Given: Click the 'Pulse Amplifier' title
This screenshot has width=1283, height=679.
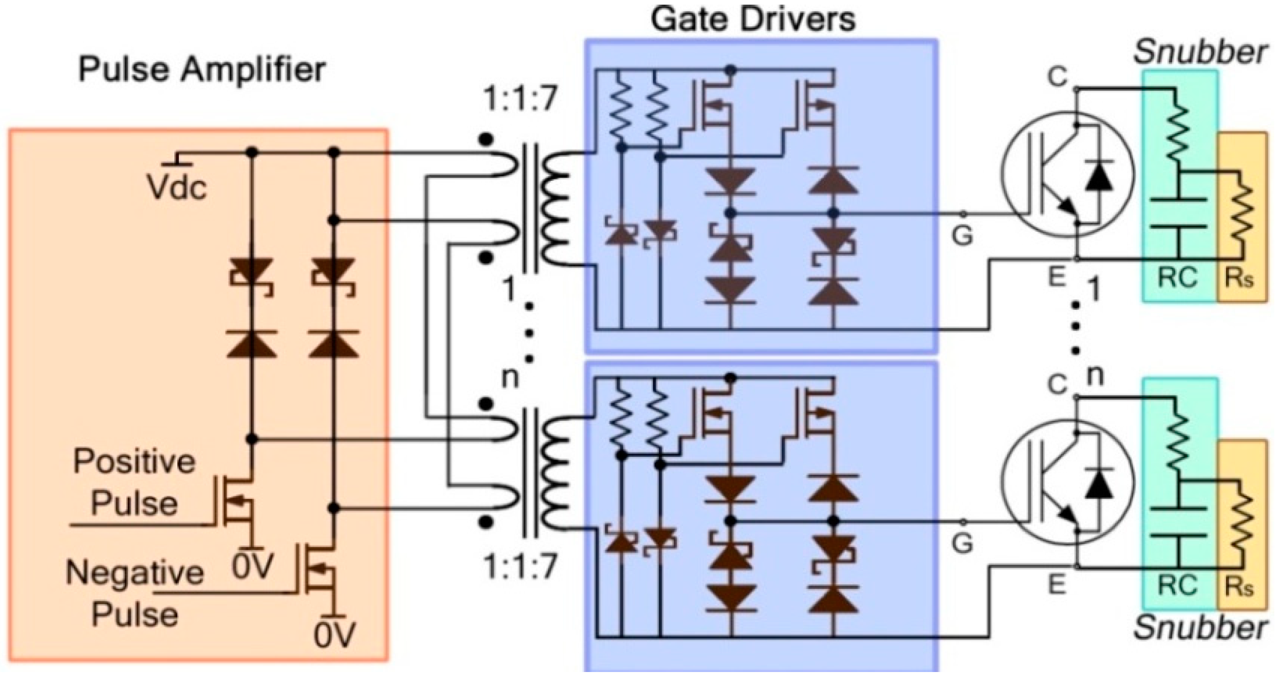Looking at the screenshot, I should pyautogui.click(x=202, y=70).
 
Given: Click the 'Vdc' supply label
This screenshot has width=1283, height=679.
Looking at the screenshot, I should pyautogui.click(x=177, y=188).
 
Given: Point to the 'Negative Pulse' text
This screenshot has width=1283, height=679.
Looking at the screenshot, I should pyautogui.click(x=135, y=594).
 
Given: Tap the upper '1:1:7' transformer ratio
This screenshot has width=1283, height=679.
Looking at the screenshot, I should pyautogui.click(x=521, y=99).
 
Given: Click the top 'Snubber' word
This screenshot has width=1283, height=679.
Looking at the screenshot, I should pyautogui.click(x=1200, y=53).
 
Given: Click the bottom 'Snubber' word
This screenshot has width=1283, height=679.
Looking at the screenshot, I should pyautogui.click(x=1200, y=628).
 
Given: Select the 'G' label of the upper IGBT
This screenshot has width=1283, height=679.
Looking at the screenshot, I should pyautogui.click(x=962, y=236).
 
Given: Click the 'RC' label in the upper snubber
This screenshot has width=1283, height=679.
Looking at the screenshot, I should pyautogui.click(x=1177, y=278).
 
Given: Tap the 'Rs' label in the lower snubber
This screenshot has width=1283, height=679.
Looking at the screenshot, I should pyautogui.click(x=1239, y=587).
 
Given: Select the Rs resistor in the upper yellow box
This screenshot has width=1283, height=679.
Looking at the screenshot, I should pyautogui.click(x=1242, y=215).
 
